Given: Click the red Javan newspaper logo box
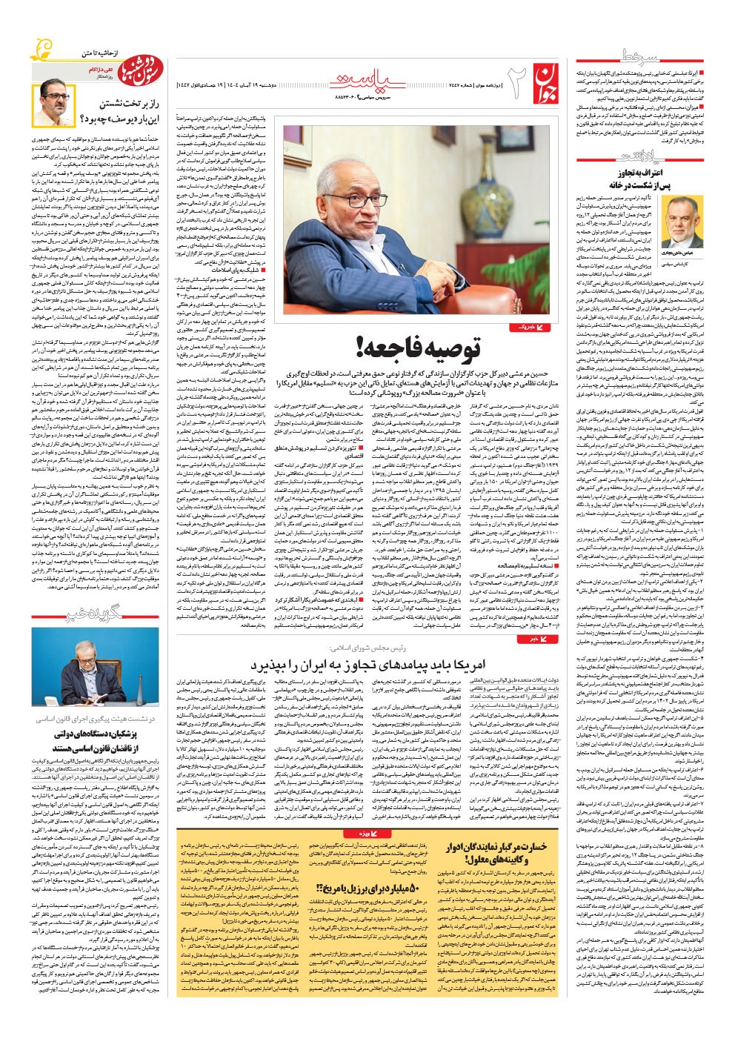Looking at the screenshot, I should pos(542,82).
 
